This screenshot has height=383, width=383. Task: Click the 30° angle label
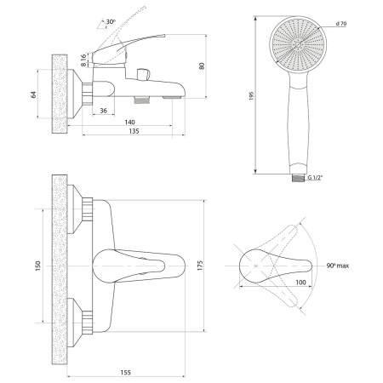(x=111, y=22)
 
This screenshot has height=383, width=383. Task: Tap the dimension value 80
(x=202, y=66)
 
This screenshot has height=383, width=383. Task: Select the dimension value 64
(x=34, y=94)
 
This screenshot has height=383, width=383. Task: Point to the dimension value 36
(x=104, y=111)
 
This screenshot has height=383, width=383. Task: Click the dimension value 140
(x=130, y=123)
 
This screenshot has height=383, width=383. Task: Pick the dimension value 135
(x=134, y=131)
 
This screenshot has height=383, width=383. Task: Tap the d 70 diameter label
(x=341, y=24)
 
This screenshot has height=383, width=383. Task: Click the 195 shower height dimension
(x=251, y=96)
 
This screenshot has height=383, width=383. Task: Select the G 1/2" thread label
(x=316, y=178)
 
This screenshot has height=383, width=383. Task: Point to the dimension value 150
(x=38, y=266)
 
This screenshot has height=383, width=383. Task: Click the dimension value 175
(x=200, y=266)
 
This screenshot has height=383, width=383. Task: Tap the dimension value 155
(x=126, y=372)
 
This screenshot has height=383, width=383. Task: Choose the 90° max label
(x=338, y=266)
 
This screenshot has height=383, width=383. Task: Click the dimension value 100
(x=300, y=283)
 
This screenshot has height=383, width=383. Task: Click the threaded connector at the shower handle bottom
(x=298, y=178)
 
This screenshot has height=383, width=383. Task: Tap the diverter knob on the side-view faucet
(x=143, y=74)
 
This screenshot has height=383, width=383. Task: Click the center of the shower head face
(x=298, y=44)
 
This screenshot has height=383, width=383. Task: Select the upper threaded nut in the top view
(x=87, y=209)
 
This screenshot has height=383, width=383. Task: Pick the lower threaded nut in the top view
(x=87, y=323)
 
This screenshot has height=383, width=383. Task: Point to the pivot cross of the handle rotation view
(x=256, y=266)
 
